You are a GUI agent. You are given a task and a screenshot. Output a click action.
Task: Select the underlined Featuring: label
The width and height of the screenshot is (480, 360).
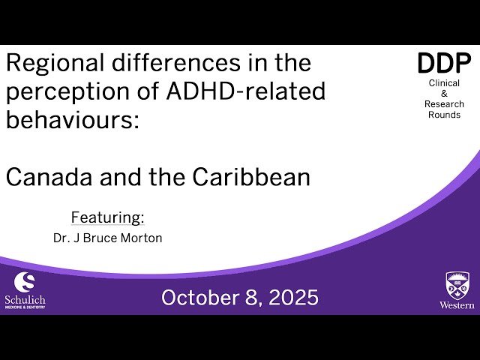[x=107, y=217]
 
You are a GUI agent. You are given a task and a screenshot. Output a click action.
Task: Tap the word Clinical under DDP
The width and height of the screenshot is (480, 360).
[x=445, y=83]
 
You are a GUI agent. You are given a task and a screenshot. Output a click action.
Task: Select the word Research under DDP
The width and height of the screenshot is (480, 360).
[x=445, y=104]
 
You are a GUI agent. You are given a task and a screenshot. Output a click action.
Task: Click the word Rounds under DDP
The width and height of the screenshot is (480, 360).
[x=445, y=115]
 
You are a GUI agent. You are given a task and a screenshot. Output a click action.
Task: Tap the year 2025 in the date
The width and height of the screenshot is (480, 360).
[x=291, y=298]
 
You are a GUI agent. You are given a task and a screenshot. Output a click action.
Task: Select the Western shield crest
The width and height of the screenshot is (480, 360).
[x=457, y=285]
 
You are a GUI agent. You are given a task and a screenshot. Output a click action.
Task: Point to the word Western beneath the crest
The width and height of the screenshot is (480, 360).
[x=457, y=305]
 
